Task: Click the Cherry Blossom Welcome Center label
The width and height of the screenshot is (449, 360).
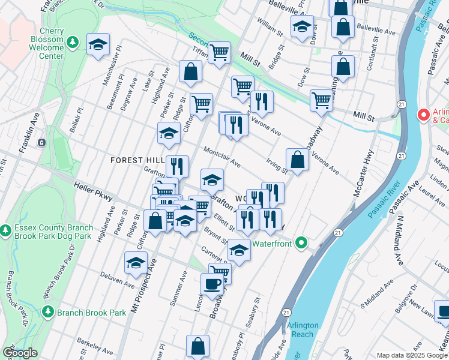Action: click(43, 43)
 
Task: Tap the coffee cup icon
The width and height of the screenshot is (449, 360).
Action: click(211, 284)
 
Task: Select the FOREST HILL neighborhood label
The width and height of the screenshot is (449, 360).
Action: click(137, 160)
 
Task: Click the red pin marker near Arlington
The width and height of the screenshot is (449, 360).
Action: click(423, 114)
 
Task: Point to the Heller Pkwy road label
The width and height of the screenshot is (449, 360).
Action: click(93, 191)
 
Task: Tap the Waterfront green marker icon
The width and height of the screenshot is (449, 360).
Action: click(301, 243)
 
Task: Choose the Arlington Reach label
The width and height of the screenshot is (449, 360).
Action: click(303, 329)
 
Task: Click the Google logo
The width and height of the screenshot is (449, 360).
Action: click(20, 353)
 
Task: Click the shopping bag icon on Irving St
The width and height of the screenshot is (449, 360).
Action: click(297, 160)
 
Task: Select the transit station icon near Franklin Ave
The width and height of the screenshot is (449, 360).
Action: click(41, 143)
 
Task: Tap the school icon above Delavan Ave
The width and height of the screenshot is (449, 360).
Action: click(136, 263)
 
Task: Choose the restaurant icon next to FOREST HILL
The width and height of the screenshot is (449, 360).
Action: click(177, 166)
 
